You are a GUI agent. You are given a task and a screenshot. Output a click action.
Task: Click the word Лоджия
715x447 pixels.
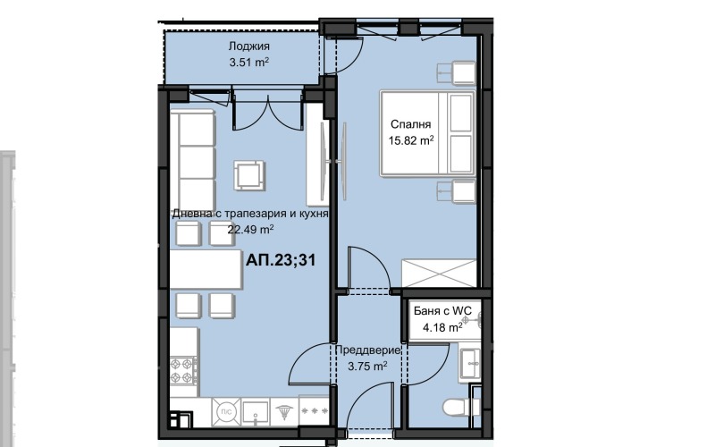[248, 46]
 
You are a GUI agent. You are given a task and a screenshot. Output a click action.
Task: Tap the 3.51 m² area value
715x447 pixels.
[248, 63]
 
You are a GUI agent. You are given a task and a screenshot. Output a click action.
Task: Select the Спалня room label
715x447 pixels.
[411, 124]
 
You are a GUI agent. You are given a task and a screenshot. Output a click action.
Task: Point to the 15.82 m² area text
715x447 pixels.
[411, 140]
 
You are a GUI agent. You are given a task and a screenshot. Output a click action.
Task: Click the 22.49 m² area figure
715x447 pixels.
[250, 229]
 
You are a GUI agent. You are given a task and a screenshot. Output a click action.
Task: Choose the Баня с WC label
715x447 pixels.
[442, 311]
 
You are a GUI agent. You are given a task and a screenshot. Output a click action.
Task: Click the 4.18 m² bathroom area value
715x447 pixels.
[442, 327]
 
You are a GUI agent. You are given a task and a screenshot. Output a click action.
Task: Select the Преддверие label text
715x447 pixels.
[367, 350]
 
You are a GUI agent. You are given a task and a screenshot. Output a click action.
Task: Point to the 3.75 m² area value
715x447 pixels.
[367, 367]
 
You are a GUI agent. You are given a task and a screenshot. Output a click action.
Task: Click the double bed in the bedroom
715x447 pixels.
[427, 132]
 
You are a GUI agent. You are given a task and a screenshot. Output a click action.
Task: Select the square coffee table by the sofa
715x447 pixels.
[249, 174]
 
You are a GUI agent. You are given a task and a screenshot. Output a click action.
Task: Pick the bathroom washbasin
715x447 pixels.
[470, 362]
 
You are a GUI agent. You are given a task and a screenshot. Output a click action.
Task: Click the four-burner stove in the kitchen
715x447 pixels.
[183, 371]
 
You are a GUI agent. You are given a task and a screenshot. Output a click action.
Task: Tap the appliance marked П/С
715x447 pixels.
[226, 411]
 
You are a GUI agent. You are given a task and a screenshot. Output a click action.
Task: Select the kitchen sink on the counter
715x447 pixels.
[257, 411]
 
